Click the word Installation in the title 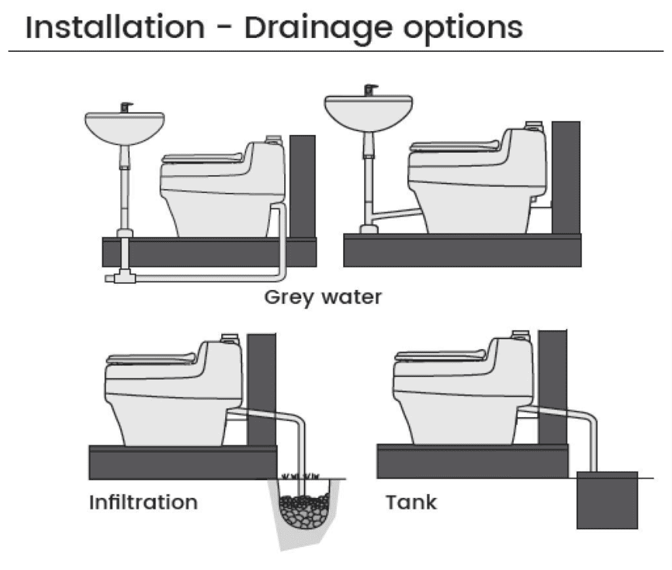pos(115,28)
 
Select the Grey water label pos(322,297)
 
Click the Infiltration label pos(143,502)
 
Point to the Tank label pos(411,502)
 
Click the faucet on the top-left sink pos(124,107)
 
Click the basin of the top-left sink pos(124,127)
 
